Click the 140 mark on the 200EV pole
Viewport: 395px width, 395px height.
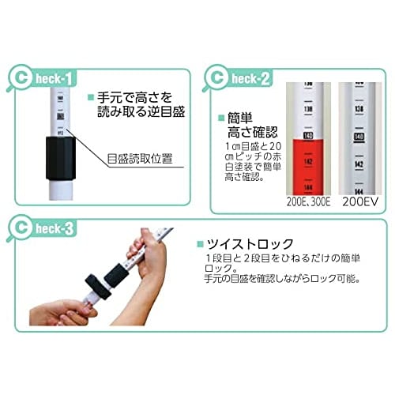pos(360,137)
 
